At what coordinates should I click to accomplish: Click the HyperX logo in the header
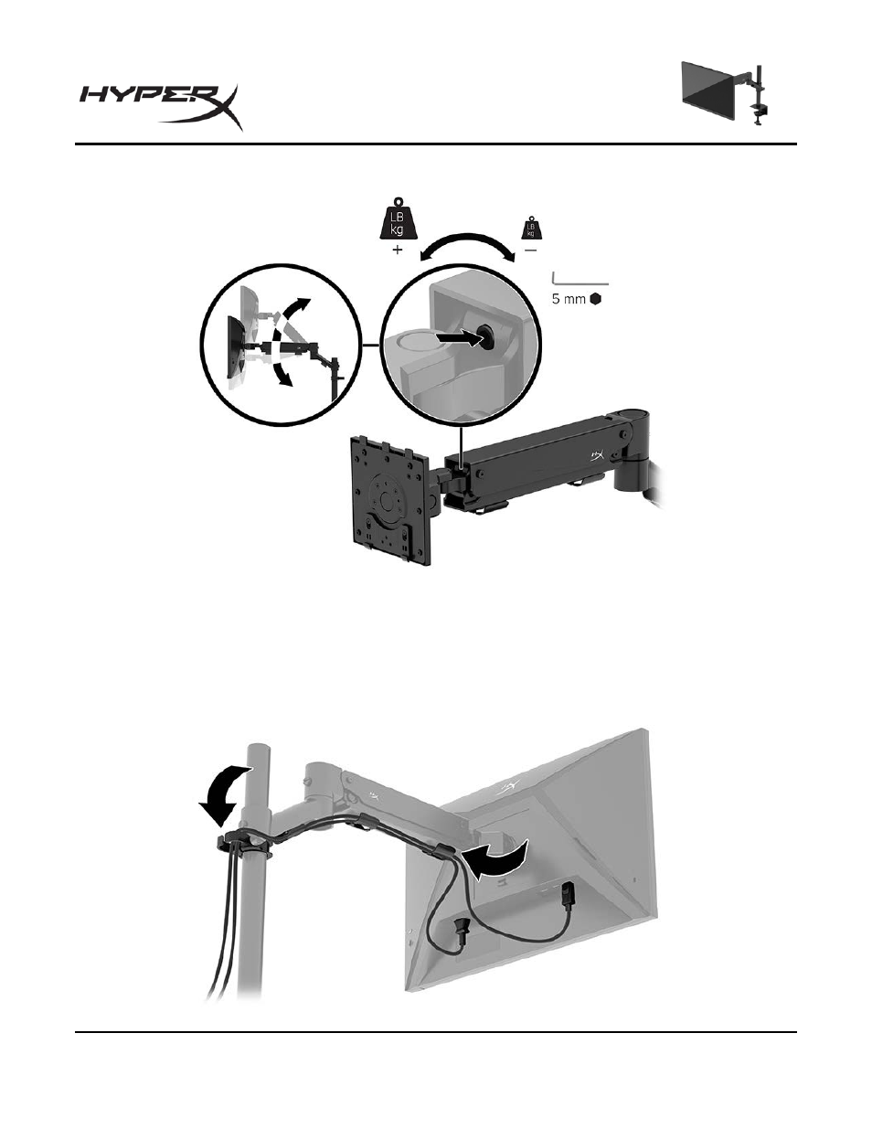(161, 107)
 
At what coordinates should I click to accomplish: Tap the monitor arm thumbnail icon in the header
(725, 94)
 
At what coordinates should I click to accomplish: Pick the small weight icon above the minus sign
(530, 228)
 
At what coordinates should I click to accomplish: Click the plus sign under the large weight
(398, 250)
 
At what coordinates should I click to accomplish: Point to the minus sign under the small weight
(530, 250)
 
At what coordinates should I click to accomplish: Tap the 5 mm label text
(569, 299)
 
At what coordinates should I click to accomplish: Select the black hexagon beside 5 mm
(595, 299)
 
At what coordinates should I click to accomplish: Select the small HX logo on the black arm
(597, 455)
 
